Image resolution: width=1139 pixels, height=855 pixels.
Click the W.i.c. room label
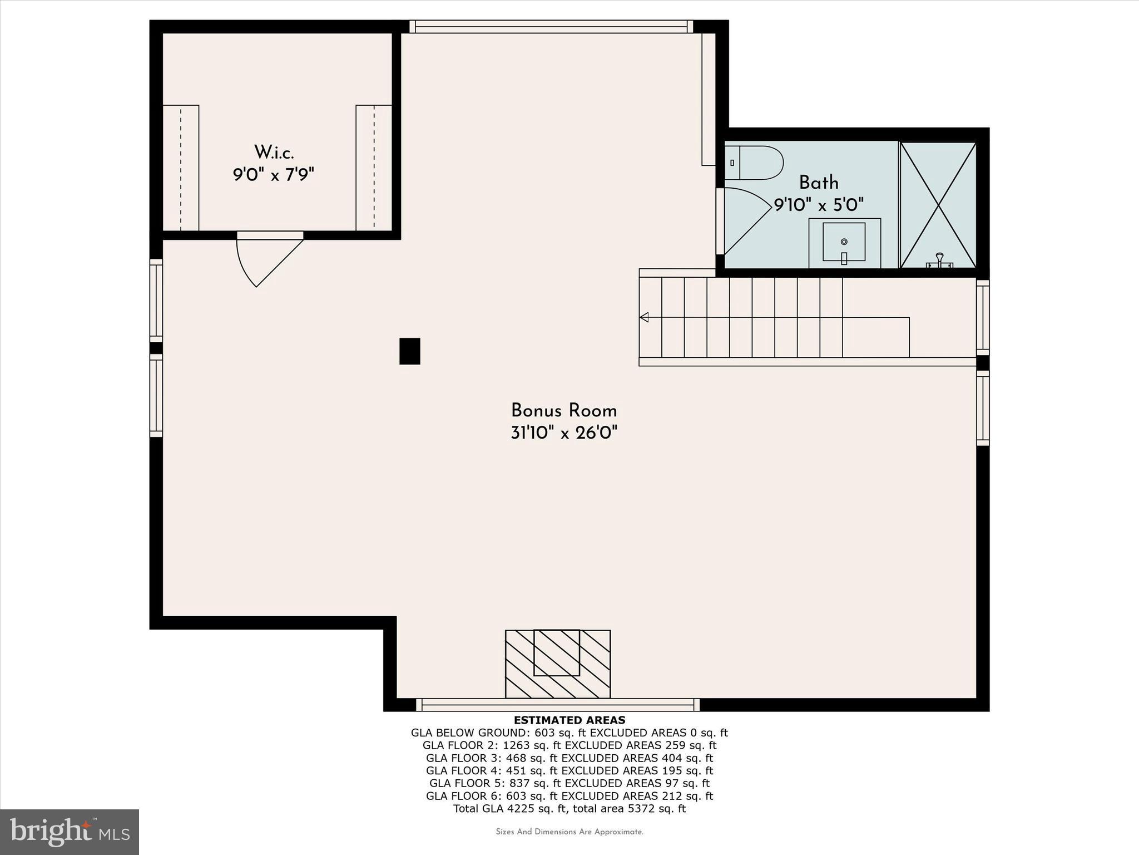tap(274, 152)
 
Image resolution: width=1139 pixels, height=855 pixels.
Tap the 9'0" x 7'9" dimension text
tap(274, 175)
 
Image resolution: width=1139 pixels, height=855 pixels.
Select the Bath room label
tap(819, 183)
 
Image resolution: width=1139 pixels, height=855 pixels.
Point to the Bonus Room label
tap(564, 411)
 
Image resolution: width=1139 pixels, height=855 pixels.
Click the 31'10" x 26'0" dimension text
tap(564, 433)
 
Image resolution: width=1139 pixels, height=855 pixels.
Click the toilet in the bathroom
tap(754, 163)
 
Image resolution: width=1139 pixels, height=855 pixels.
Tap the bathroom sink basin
tap(844, 242)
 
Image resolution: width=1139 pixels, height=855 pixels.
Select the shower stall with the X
tap(938, 205)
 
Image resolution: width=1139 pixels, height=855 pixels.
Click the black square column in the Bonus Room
tap(410, 351)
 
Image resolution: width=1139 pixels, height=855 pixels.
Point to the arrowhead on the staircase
tap(645, 317)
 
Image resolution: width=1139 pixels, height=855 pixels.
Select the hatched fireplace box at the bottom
tap(557, 664)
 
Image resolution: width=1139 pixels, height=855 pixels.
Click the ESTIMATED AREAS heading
tap(569, 720)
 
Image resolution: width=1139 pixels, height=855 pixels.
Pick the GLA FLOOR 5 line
tap(569, 783)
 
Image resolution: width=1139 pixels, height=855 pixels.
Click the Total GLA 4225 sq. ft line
tap(569, 809)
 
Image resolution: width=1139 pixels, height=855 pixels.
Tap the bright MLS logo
tap(70, 832)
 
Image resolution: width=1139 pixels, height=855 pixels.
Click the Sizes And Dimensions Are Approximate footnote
tap(569, 832)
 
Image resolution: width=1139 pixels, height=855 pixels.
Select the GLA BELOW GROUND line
tap(569, 733)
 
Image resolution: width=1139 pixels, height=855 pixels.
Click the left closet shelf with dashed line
tap(181, 168)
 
